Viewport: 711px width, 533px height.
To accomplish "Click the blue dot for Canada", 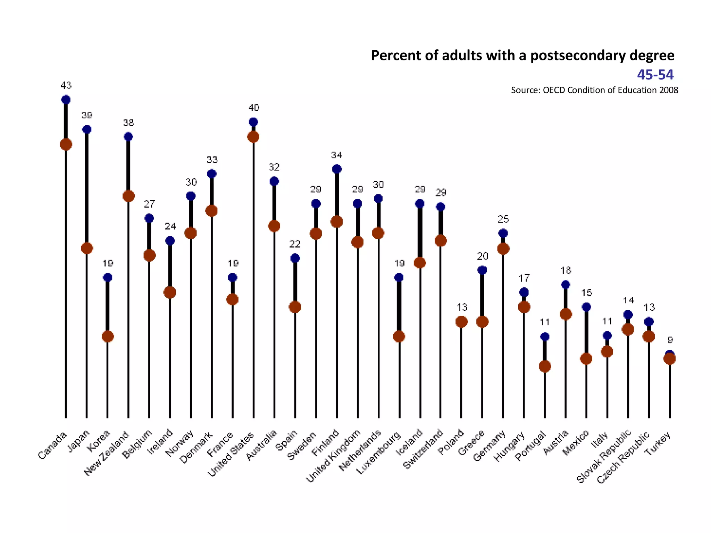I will tap(66, 100).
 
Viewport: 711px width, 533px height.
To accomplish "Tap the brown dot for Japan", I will tap(87, 248).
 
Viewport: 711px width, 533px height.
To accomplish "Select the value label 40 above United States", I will tap(254, 108).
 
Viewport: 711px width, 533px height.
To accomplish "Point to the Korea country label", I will tap(99, 441).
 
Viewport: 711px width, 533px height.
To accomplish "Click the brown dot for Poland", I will tap(461, 322).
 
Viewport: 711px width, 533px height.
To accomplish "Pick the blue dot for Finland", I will tap(337, 169).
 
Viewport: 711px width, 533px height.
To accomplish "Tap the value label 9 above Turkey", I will tap(670, 340).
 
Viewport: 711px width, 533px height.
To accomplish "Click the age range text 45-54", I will tap(655, 75).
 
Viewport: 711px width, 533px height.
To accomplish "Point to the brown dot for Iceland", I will tap(420, 263).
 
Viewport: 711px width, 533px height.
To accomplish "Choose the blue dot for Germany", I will tap(503, 233).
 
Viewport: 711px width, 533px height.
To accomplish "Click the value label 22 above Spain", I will tap(295, 244).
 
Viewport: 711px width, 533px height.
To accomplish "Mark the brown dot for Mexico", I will tap(586, 359).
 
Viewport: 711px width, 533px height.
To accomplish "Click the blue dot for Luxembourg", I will tap(399, 277).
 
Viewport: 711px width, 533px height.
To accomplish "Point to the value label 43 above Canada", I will tap(66, 85).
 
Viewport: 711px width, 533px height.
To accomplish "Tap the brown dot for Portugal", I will tap(545, 366).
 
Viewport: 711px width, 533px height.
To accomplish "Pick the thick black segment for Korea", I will tap(108, 307).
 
